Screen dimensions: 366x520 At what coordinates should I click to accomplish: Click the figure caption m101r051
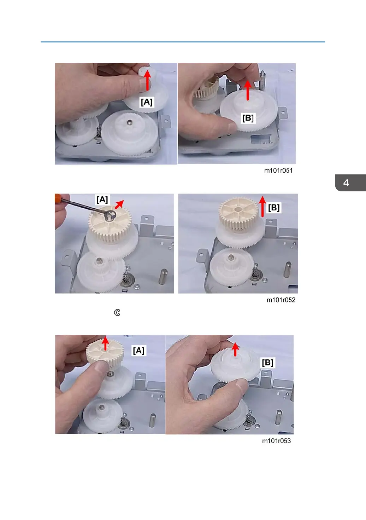[x=278, y=171]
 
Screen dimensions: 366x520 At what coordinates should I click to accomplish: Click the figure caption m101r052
[x=281, y=300]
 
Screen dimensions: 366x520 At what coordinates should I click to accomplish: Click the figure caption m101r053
[x=276, y=441]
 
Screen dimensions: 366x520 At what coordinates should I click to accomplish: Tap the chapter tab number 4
[x=346, y=183]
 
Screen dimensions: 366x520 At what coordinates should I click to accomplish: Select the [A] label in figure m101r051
[x=147, y=102]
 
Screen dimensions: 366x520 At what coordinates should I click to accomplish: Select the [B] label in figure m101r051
[x=248, y=118]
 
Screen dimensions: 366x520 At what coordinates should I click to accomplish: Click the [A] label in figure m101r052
[x=102, y=200]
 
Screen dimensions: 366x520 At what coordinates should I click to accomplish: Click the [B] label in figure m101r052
[x=274, y=208]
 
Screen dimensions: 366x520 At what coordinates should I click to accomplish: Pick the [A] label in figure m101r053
[x=138, y=350]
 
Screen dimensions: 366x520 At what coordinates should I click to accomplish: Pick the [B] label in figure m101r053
[x=268, y=363]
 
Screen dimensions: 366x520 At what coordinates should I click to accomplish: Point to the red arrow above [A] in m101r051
[x=147, y=80]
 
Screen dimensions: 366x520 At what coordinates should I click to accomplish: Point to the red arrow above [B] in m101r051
[x=248, y=90]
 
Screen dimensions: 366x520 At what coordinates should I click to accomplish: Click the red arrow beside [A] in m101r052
[x=119, y=204]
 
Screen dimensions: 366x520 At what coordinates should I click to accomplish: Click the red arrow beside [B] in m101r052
[x=262, y=207]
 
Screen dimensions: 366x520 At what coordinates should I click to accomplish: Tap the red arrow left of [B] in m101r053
[x=235, y=349]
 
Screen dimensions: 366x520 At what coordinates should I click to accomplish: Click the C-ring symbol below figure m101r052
[x=117, y=312]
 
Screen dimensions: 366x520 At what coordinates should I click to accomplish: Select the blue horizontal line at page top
[x=183, y=42]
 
